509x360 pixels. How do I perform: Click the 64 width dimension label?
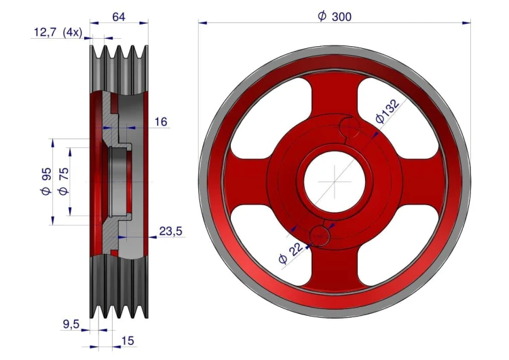pos(119,16)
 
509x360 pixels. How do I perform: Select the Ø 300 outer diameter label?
pos(335,16)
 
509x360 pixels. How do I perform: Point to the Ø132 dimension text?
pos(388,111)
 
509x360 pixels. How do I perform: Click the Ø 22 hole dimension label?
pos(290,253)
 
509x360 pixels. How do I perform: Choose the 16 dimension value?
pos(161,122)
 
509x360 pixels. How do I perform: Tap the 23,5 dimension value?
pos(171,231)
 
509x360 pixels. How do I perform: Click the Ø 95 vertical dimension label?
pos(45,181)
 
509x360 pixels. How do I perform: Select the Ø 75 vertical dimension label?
pos(63,181)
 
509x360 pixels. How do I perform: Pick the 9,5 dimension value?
pos(71,324)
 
